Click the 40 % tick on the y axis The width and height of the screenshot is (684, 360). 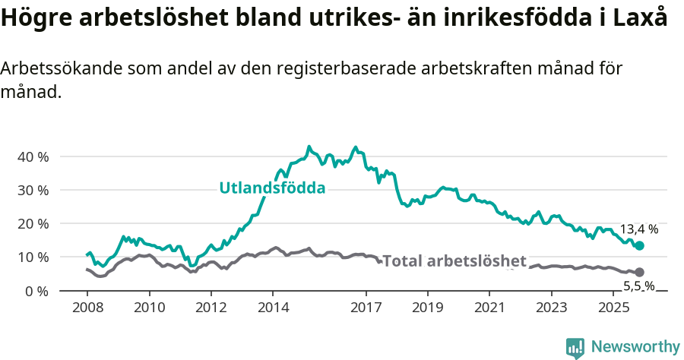pyautogui.click(x=32, y=156)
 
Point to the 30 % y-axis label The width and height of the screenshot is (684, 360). pyautogui.click(x=32, y=190)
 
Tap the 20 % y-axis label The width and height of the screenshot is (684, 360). pyautogui.click(x=32, y=223)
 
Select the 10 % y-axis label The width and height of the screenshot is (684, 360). pyautogui.click(x=32, y=257)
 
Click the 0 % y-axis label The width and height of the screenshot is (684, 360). pyautogui.click(x=35, y=291)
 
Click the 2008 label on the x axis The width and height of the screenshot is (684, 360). pyautogui.click(x=87, y=308)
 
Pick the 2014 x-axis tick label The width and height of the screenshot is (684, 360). pyautogui.click(x=273, y=308)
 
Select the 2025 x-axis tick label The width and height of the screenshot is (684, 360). pyautogui.click(x=613, y=308)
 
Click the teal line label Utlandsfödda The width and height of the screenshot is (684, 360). pyautogui.click(x=272, y=188)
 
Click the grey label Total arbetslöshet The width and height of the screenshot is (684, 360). pyautogui.click(x=454, y=261)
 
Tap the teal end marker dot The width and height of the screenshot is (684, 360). pyautogui.click(x=639, y=245)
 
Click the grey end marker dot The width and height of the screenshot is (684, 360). pyautogui.click(x=639, y=272)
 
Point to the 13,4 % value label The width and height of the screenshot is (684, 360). pyautogui.click(x=639, y=229)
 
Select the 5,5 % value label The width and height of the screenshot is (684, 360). pyautogui.click(x=638, y=286)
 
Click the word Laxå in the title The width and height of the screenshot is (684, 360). pyautogui.click(x=641, y=19)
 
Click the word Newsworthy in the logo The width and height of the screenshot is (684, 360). pyautogui.click(x=635, y=347)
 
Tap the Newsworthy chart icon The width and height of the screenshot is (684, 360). pyautogui.click(x=575, y=348)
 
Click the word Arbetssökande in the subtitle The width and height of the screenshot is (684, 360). pyautogui.click(x=61, y=68)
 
